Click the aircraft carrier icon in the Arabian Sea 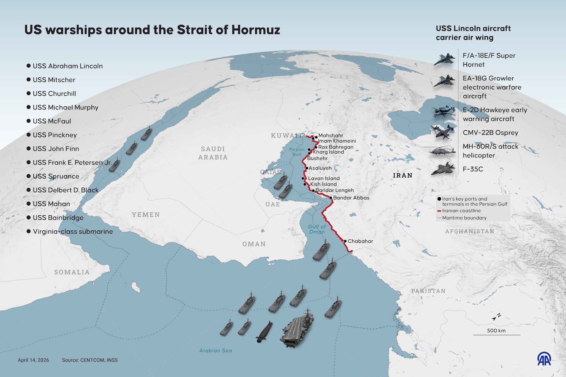point(297,329)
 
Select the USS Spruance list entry point(56,176)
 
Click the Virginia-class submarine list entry point(73,231)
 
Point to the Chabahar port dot point(345,241)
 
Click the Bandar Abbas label point(351,198)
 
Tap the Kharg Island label point(328,152)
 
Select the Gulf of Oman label point(317,229)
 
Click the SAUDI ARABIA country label point(213,153)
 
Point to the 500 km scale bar point(497,335)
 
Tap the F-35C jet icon point(443,169)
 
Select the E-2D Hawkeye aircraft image point(444,111)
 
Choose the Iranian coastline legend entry point(461,211)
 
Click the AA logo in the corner point(544,359)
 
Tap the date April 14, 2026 point(33,360)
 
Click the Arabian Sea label point(216,350)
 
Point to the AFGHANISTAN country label point(470,231)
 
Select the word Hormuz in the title point(256,30)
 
